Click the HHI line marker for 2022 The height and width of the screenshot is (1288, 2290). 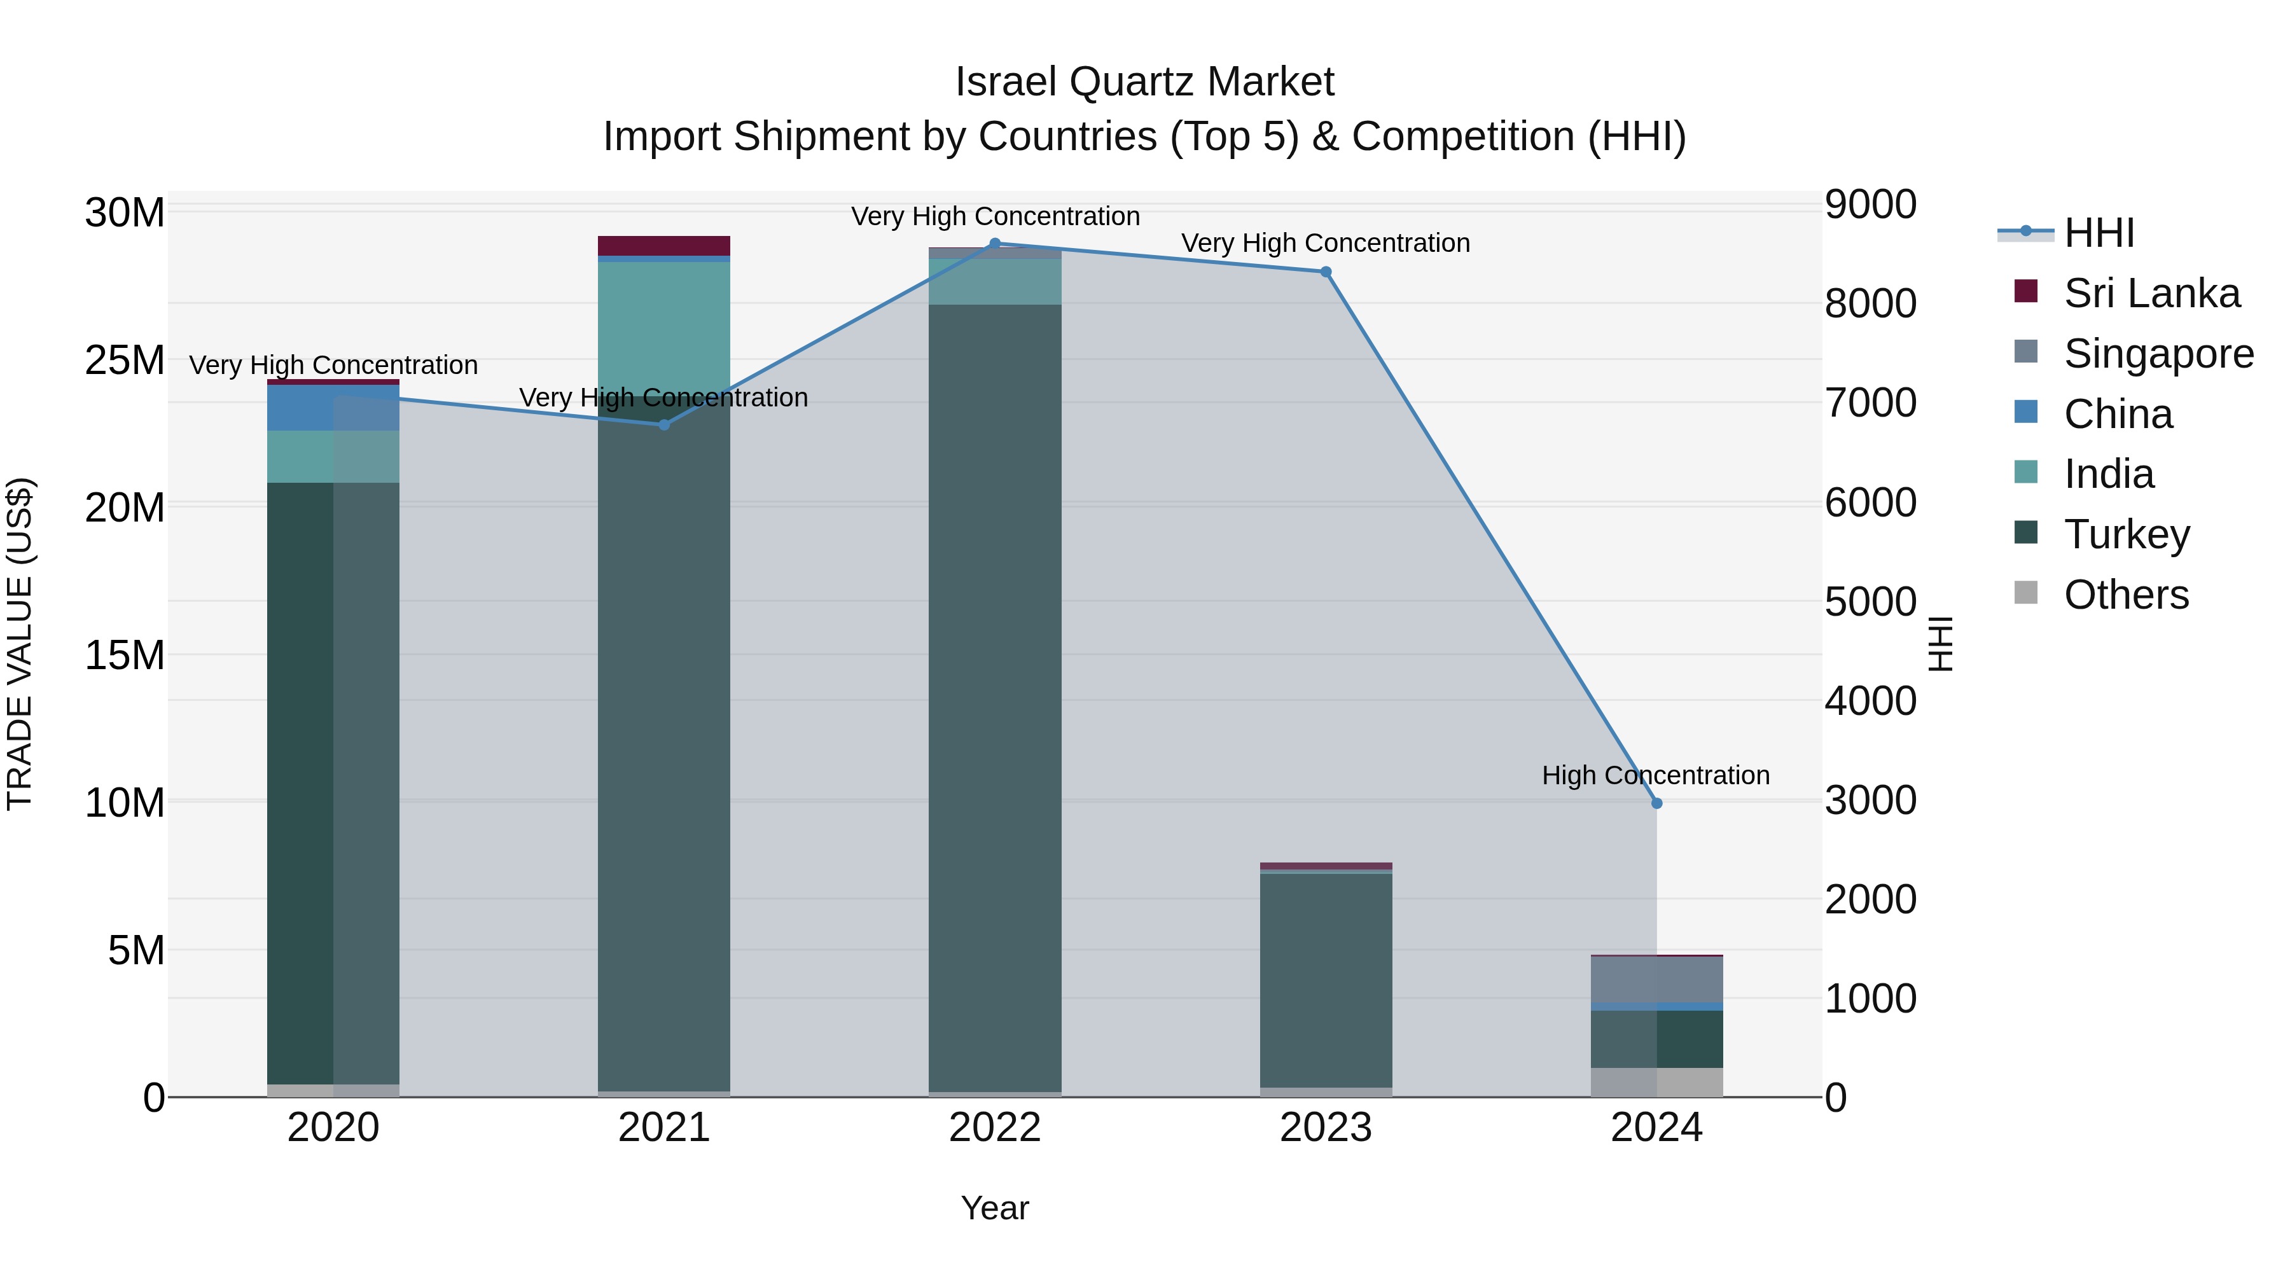point(995,244)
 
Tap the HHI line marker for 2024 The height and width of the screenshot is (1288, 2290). point(1656,803)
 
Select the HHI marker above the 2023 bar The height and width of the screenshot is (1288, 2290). point(1326,272)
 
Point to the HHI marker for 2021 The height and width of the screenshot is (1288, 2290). point(664,425)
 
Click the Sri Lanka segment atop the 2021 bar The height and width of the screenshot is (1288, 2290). point(664,246)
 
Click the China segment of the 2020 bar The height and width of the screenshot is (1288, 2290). point(333,408)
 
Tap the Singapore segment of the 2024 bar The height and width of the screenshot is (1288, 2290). point(1656,980)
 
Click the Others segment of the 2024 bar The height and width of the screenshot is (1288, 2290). point(1656,1082)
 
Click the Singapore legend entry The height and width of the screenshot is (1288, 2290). point(2158,354)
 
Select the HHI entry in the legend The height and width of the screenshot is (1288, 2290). point(2098,233)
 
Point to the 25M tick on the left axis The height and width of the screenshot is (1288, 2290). point(125,361)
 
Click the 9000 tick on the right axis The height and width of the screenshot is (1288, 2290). point(1870,204)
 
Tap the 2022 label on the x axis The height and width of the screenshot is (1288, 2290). point(995,1128)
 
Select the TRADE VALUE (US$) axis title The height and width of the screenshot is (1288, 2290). point(20,644)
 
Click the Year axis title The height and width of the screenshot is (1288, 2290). point(995,1208)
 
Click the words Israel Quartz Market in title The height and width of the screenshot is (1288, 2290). point(1144,82)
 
